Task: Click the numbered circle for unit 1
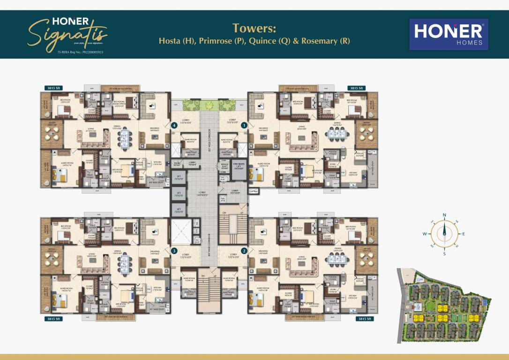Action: (x=244, y=125)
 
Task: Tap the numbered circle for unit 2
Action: (x=244, y=251)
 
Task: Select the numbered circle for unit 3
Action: (x=174, y=251)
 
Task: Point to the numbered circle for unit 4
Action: (x=174, y=125)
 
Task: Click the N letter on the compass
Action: (x=444, y=215)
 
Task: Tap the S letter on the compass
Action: (x=444, y=254)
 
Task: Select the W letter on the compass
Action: (x=424, y=233)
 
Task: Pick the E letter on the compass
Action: (x=464, y=233)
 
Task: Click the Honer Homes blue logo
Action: (x=449, y=34)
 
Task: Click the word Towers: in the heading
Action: (x=254, y=28)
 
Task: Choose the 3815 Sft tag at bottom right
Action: (x=364, y=319)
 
